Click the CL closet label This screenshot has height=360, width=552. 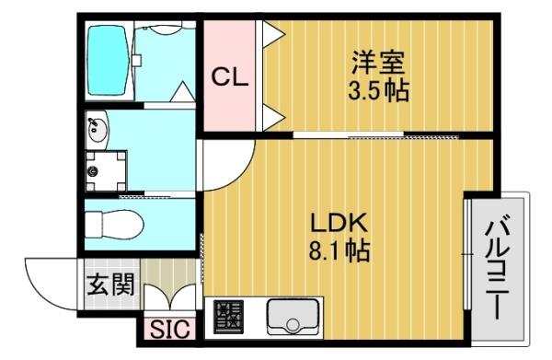(230, 77)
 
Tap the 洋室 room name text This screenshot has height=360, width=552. (378, 63)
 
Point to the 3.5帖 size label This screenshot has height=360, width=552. (378, 90)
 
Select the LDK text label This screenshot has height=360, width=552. (339, 223)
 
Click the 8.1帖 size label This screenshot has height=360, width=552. (339, 250)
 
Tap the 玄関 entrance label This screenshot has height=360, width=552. (111, 285)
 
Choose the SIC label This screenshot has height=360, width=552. (170, 330)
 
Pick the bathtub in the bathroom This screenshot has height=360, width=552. (107, 60)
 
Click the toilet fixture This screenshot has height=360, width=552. (114, 224)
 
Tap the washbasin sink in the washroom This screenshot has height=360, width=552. (98, 129)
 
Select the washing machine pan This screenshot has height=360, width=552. (106, 171)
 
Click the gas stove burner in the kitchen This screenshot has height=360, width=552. (229, 317)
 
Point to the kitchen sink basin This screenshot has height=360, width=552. (293, 317)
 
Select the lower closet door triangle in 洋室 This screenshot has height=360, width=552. (273, 117)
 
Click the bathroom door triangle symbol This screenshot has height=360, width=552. (183, 91)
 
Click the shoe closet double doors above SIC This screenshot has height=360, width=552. (170, 296)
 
